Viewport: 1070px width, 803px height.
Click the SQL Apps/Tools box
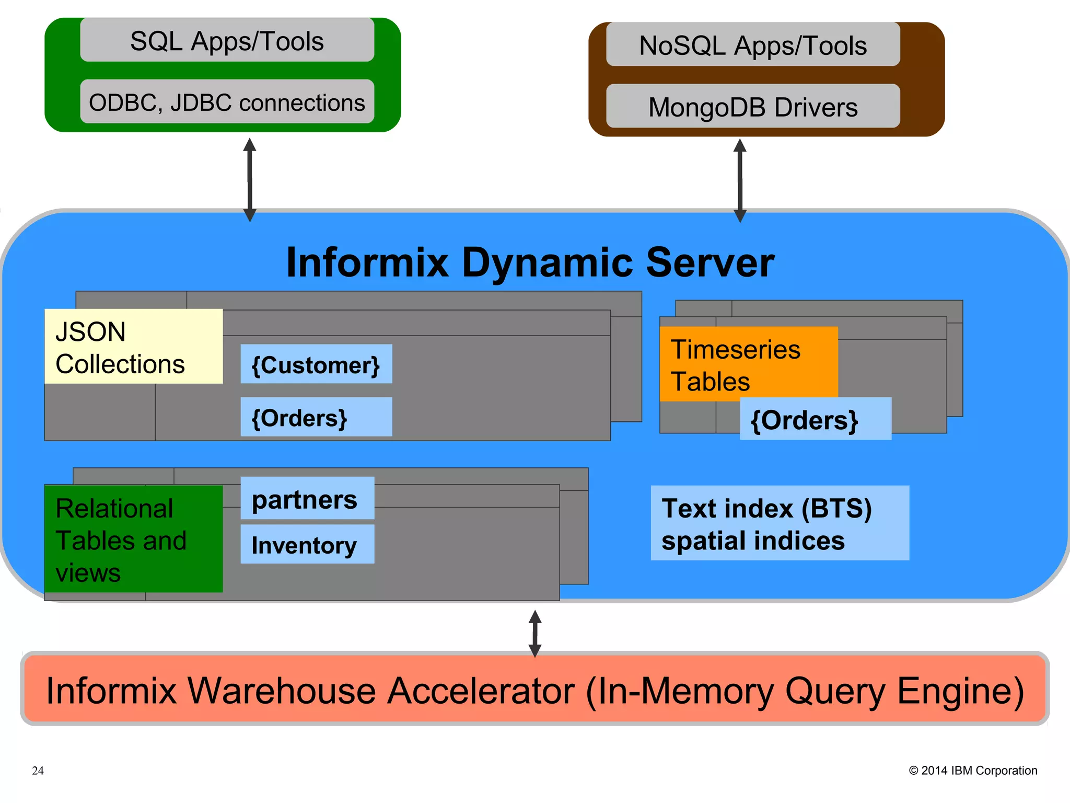(227, 41)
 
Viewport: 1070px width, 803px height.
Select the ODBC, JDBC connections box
(227, 102)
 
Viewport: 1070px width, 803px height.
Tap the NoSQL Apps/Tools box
(752, 45)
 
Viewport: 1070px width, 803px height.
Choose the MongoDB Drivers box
(752, 107)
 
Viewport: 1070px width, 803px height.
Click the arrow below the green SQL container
(250, 180)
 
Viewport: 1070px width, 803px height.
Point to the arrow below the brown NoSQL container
(740, 180)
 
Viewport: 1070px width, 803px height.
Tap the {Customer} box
(316, 364)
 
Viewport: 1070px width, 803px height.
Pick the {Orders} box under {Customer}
(316, 417)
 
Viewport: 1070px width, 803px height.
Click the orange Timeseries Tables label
(748, 364)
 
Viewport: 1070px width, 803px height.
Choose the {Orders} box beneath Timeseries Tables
(815, 419)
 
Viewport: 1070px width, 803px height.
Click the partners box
(307, 499)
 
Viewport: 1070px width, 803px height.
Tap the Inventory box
(307, 545)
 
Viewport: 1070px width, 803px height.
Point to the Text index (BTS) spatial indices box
(780, 523)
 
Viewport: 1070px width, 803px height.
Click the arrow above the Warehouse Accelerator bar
(534, 634)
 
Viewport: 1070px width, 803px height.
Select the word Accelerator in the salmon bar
(481, 691)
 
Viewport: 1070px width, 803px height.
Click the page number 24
(38, 771)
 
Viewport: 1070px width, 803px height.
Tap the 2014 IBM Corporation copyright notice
(973, 771)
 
